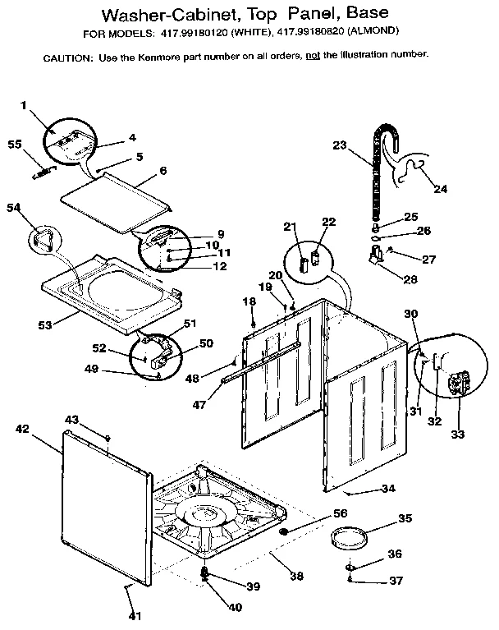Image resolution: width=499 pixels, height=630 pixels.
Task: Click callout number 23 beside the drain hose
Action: click(x=340, y=145)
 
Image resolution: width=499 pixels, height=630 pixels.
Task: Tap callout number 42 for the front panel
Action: click(x=22, y=428)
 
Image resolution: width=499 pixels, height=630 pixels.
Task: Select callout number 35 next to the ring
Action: click(x=405, y=518)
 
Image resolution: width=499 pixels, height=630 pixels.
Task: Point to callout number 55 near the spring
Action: click(x=14, y=145)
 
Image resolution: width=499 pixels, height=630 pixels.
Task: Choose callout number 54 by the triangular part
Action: click(x=14, y=209)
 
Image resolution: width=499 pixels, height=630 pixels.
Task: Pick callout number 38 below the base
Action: click(x=296, y=576)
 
